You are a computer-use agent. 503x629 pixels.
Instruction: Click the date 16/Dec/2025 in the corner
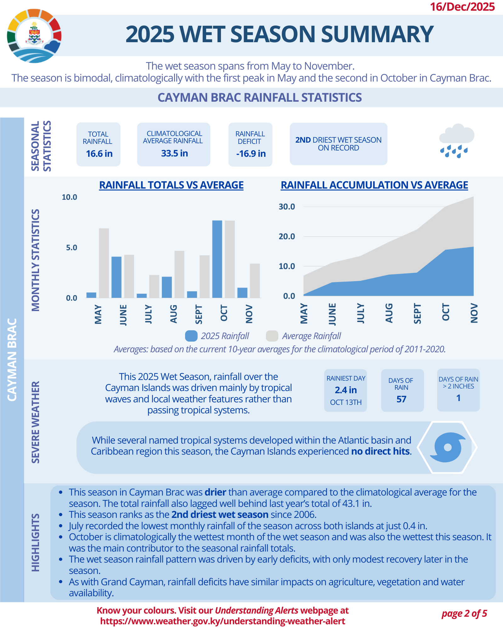pos(462,7)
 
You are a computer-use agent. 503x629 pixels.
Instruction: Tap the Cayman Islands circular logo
pos(34,36)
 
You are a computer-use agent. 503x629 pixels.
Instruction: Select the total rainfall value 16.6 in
pos(99,154)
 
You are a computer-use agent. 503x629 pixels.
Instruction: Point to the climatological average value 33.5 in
pos(174,153)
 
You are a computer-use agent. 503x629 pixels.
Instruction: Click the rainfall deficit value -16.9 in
pos(251,154)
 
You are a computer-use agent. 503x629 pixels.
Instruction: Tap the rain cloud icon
pos(456,141)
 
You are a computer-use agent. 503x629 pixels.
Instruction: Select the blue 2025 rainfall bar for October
pos(217,259)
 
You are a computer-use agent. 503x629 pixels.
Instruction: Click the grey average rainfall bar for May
pos(104,263)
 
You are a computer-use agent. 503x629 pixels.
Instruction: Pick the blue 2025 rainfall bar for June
pos(116,277)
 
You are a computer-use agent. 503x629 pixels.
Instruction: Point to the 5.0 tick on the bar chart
pos(71,248)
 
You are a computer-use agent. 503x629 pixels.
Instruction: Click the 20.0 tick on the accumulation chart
pos(287,236)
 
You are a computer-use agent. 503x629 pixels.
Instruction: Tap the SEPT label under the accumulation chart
pos(417,314)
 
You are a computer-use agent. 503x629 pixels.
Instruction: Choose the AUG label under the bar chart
pos(173,314)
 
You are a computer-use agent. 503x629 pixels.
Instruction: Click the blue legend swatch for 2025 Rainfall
pos(191,336)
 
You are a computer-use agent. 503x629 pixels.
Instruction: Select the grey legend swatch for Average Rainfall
pos(272,336)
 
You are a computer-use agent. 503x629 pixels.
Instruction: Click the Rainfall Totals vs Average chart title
pos(171,185)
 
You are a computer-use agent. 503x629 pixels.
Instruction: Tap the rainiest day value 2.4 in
pos(346,390)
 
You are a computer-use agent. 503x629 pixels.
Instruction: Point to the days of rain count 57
pos(401,399)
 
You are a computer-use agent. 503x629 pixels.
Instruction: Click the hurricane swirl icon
pos(447,447)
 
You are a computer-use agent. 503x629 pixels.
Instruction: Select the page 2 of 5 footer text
pos(464,614)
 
